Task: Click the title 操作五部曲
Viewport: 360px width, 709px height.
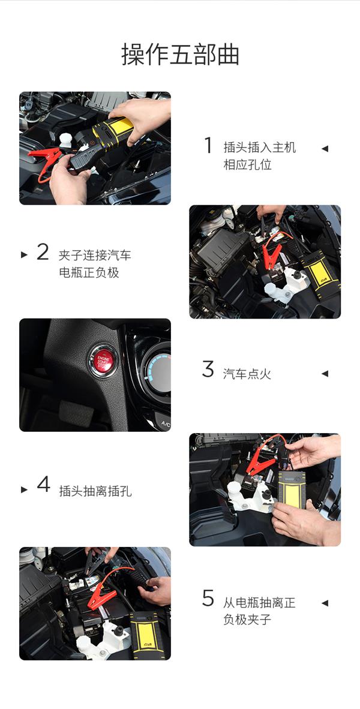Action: click(x=180, y=55)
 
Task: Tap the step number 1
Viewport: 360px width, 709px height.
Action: click(x=208, y=145)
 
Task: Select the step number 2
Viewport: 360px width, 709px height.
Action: click(x=43, y=253)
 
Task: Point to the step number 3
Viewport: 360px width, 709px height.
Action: click(x=208, y=369)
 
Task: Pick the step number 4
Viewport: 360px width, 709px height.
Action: click(x=43, y=484)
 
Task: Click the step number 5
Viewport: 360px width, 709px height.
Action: click(x=208, y=598)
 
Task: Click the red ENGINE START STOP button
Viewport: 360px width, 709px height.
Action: click(x=104, y=360)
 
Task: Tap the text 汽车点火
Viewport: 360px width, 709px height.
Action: click(x=247, y=374)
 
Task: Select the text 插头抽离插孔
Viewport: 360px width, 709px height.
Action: click(x=95, y=491)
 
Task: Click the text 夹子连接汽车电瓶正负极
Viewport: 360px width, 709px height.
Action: click(x=94, y=264)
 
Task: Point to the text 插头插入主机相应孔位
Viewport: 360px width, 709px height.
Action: click(x=259, y=156)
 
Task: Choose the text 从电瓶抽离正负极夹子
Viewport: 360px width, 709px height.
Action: click(x=259, y=611)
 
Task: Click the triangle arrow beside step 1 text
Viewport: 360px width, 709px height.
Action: click(x=325, y=149)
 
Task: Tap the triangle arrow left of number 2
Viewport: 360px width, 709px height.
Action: click(x=24, y=255)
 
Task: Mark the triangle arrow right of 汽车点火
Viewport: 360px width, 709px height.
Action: click(x=325, y=374)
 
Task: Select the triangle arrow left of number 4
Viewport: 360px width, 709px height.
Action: click(x=24, y=489)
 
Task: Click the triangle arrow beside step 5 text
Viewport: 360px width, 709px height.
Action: click(x=325, y=603)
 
